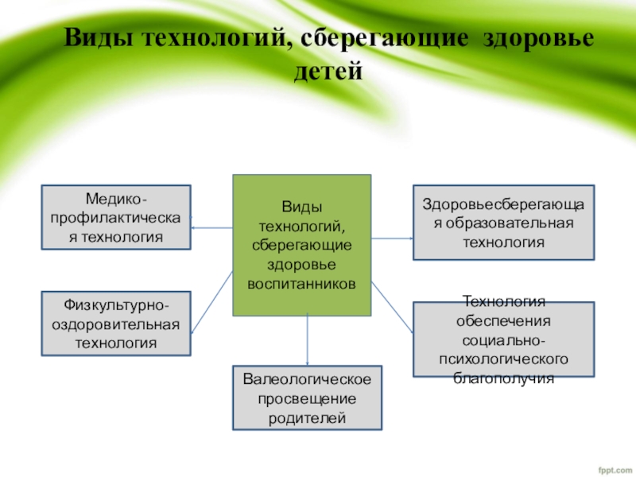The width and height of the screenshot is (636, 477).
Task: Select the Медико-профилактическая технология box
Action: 116,217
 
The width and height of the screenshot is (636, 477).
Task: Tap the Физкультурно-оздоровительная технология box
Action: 116,324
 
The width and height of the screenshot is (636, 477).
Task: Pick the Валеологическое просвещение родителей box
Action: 307,397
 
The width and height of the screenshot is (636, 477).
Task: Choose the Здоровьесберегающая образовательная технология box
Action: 503,223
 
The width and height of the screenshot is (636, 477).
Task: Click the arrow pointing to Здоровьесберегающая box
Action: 393,237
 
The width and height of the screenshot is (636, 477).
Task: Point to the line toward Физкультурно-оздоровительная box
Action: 211,306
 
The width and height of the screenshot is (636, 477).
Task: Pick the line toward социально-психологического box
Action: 393,306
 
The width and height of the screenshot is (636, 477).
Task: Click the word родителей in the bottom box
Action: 307,416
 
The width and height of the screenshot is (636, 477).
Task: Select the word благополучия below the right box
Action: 503,379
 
